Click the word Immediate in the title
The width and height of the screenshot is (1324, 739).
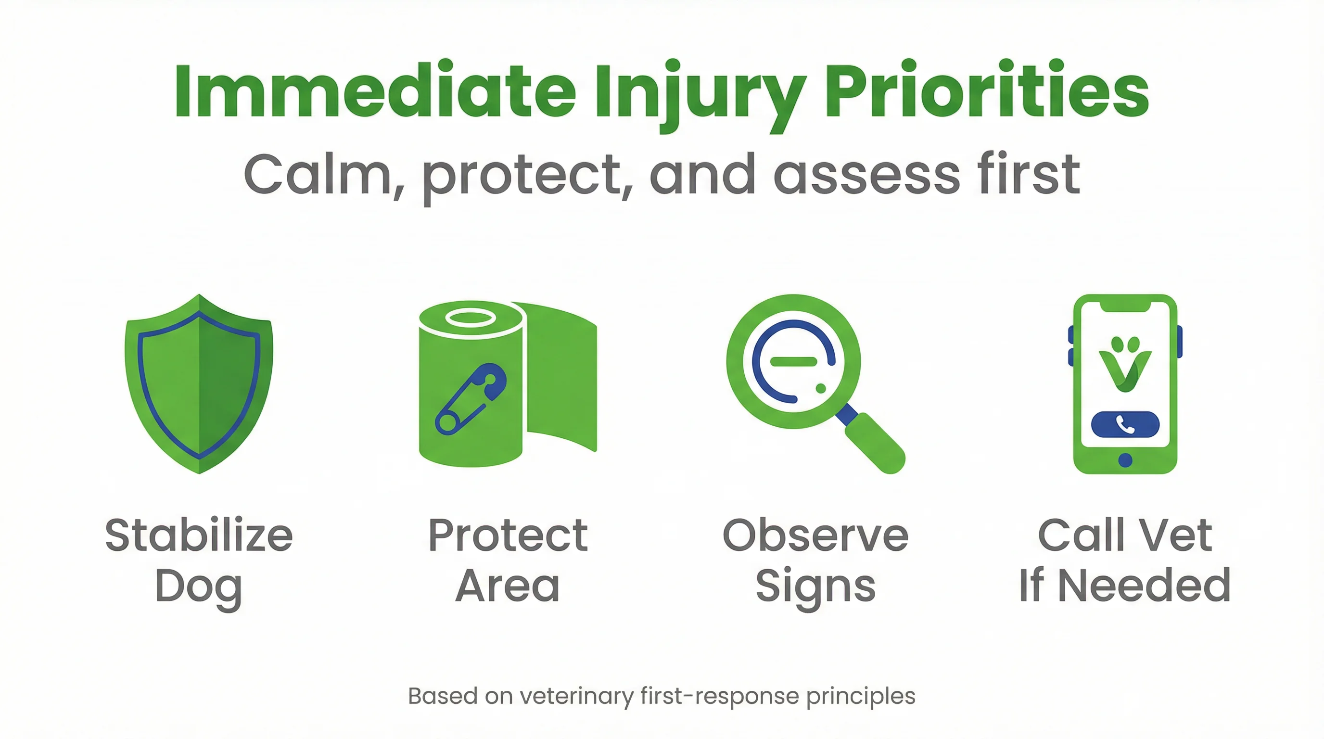[375, 92]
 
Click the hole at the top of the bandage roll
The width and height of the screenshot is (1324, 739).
[471, 318]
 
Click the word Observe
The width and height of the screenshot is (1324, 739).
[815, 535]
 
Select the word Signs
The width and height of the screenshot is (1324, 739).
[815, 587]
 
